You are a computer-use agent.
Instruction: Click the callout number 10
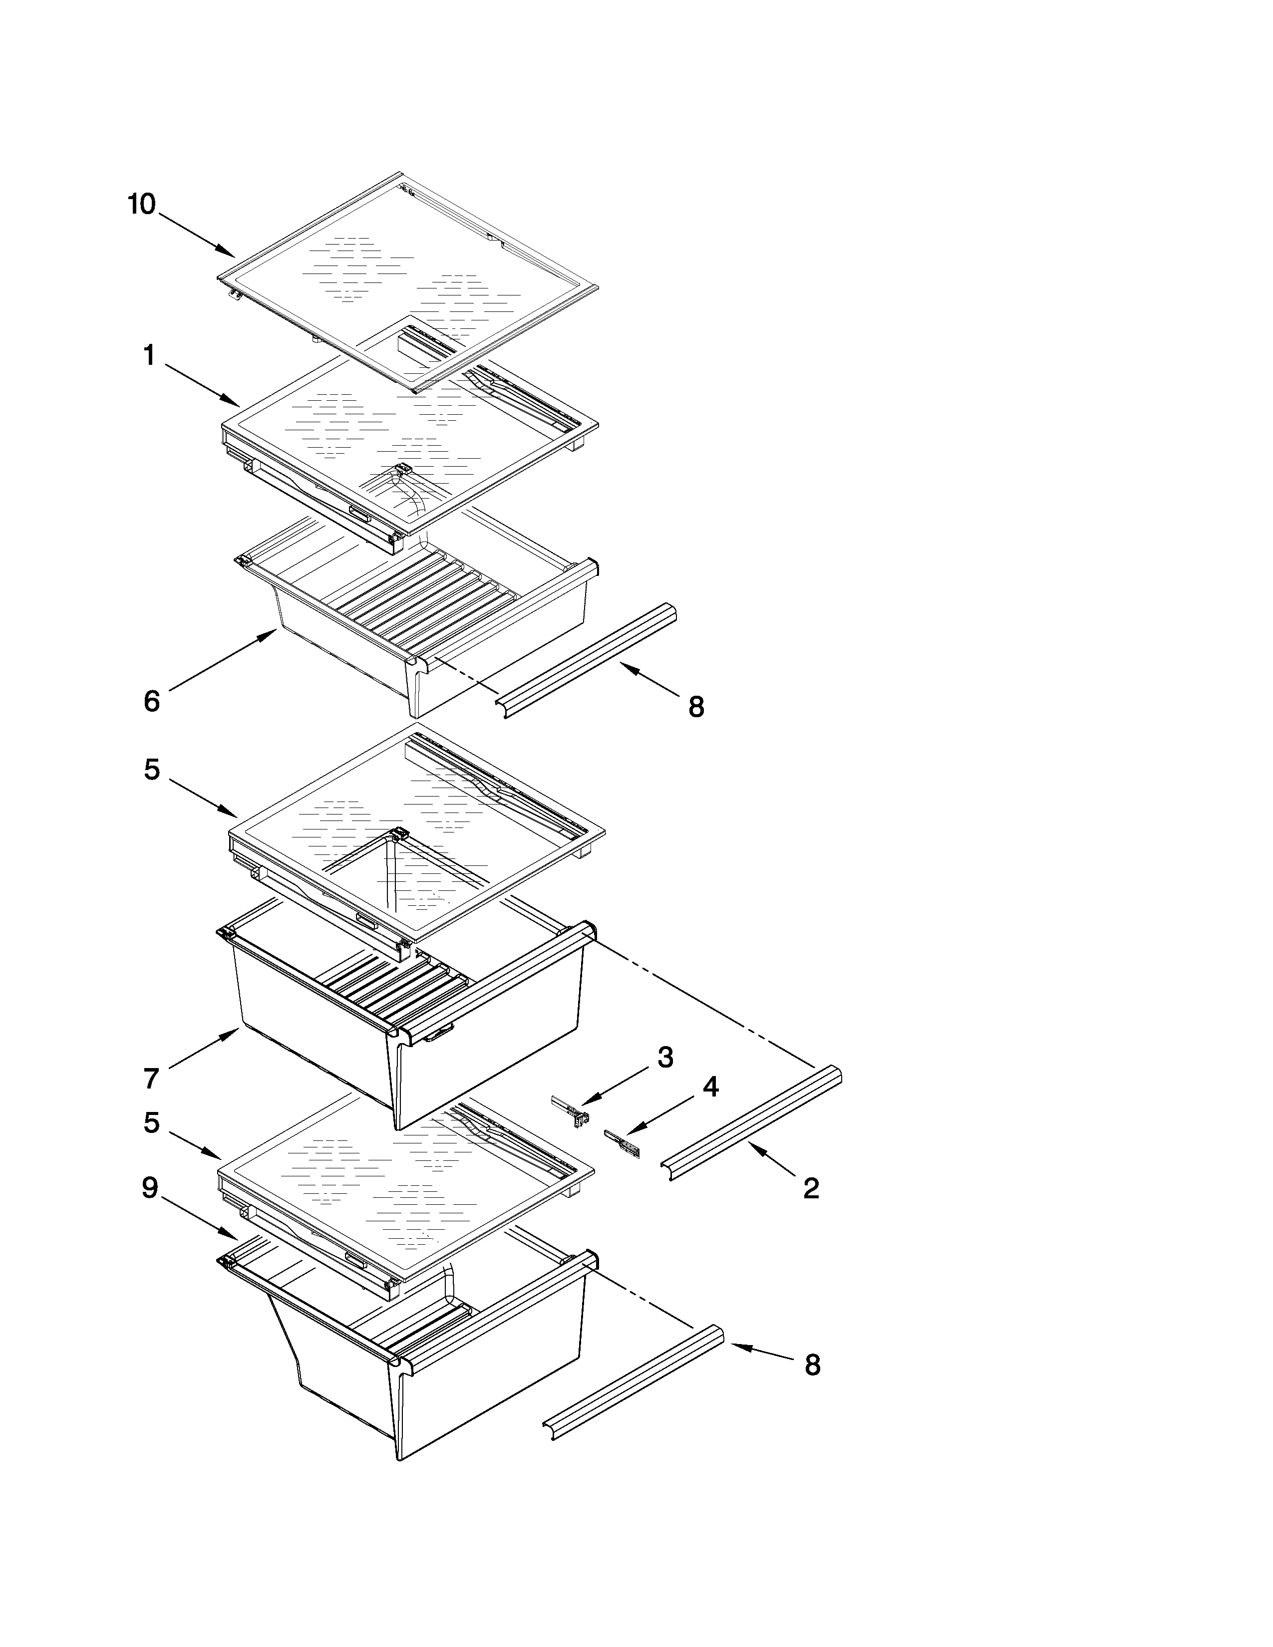[x=142, y=204]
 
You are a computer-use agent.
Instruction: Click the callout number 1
[x=150, y=355]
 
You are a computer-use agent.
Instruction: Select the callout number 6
[x=152, y=701]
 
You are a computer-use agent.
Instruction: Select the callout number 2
[x=811, y=1188]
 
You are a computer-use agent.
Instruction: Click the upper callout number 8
[x=696, y=707]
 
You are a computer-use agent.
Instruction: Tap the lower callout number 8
[x=812, y=1365]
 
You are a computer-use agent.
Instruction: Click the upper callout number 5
[x=152, y=770]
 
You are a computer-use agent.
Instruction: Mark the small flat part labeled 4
[x=622, y=1143]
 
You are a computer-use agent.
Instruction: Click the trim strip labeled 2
[x=754, y=1122]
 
